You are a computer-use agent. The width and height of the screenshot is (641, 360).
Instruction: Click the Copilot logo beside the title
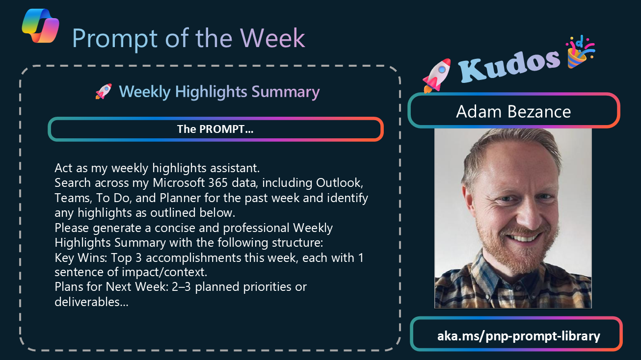click(40, 26)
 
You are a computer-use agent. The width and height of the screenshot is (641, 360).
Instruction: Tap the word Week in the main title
click(272, 38)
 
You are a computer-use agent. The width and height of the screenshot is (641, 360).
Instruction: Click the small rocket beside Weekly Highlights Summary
click(104, 91)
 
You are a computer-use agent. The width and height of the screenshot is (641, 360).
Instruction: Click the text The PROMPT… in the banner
click(215, 129)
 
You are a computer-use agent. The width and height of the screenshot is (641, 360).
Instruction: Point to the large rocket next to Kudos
click(436, 75)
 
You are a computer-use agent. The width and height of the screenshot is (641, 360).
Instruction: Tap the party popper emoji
click(580, 52)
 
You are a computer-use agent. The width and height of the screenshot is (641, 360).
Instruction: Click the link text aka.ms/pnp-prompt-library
click(518, 336)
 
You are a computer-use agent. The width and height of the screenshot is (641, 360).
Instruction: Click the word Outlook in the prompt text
click(339, 183)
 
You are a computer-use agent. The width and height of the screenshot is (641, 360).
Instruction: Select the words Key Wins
click(80, 257)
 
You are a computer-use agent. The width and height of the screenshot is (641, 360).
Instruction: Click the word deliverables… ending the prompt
click(92, 302)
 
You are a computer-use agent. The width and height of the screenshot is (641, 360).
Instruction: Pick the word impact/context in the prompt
click(164, 272)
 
